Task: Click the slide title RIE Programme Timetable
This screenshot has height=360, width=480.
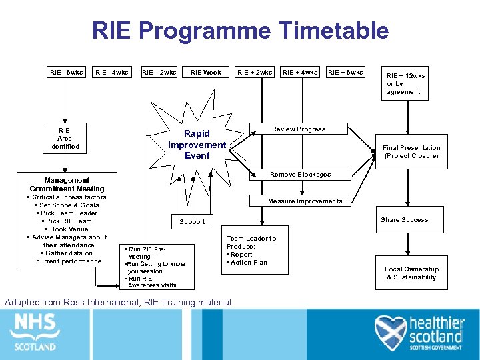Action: (240, 31)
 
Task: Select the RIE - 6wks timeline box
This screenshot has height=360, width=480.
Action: (65, 72)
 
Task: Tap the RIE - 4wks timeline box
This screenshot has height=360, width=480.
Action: (111, 72)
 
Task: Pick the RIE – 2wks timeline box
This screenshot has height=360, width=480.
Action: (159, 72)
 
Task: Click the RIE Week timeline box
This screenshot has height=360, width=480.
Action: (205, 72)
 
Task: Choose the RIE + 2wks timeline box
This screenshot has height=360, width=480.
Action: (255, 72)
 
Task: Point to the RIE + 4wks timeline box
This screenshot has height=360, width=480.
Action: (300, 72)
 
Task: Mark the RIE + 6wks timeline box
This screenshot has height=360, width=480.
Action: (345, 72)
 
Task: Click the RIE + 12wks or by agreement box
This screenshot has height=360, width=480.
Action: (405, 84)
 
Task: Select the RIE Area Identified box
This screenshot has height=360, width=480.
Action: (65, 138)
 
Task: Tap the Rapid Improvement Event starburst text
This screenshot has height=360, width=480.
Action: (197, 145)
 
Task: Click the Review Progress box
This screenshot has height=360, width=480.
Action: (299, 129)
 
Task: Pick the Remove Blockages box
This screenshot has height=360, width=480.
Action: (300, 175)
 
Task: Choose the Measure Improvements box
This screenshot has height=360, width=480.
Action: (305, 201)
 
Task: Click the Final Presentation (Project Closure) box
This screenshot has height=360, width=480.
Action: (411, 152)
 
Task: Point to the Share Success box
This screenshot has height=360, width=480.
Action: (405, 220)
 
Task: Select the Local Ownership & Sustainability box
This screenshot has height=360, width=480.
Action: (411, 273)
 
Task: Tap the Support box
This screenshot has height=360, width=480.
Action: (192, 221)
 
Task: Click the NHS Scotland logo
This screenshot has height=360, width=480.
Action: (35, 331)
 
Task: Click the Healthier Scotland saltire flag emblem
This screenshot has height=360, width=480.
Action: (391, 332)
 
